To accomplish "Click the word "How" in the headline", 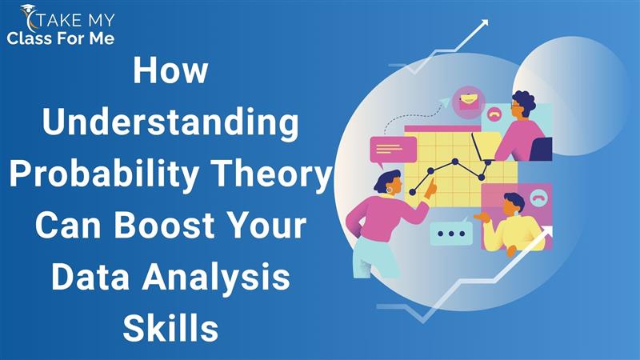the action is pos(170,70).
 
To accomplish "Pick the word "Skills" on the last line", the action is pos(170,328).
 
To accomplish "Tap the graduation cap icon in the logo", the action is pos(28,9).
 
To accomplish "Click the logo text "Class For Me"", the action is pos(61,38).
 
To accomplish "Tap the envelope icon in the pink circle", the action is pos(469,101).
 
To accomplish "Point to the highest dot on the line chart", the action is pos(455,162).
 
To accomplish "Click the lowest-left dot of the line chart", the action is pos(412,192).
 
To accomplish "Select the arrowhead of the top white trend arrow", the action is pos(484,23).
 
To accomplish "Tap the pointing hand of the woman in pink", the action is pos(430,190).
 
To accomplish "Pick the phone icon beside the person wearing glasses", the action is pos(494,115).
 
